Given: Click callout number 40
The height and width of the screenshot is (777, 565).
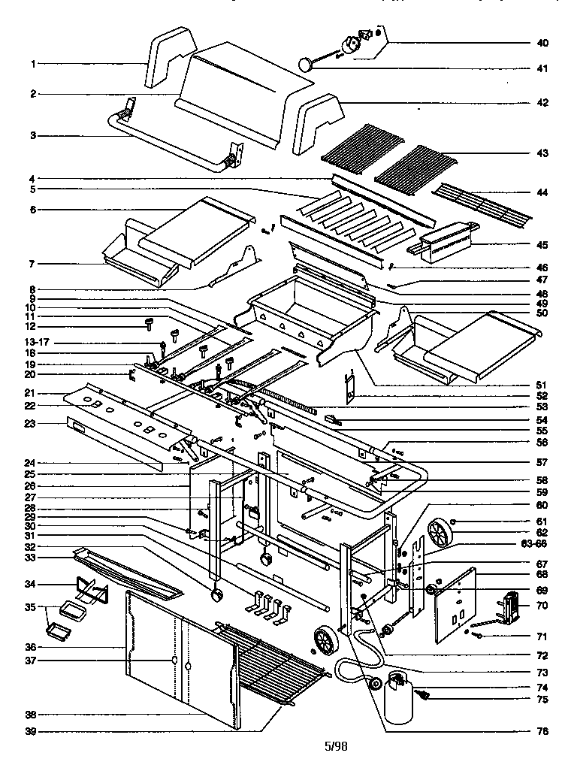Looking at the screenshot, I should tap(542, 42).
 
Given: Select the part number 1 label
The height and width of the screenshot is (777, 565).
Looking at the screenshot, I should tap(33, 64).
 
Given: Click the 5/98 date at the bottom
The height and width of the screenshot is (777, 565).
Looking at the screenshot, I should tap(337, 746).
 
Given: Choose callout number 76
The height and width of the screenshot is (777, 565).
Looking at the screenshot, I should tap(542, 730).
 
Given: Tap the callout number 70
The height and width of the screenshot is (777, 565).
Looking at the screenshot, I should tap(542, 603).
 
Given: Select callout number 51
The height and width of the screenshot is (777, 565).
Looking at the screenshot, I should tap(542, 385).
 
